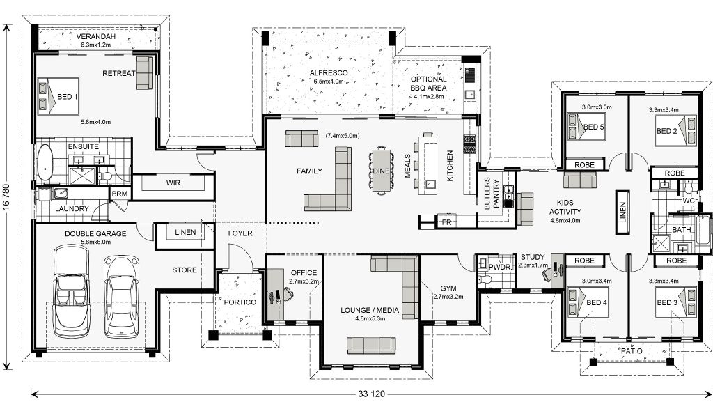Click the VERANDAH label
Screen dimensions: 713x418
tap(95, 36)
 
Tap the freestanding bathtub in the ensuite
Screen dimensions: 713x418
tap(45, 162)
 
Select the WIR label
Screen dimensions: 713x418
tap(173, 183)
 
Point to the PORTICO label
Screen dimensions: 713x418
tap(240, 302)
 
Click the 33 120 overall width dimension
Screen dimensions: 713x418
tap(372, 394)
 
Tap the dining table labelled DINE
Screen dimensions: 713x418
tap(381, 171)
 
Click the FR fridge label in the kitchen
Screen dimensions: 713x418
tap(446, 222)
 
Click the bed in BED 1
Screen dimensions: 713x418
tap(58, 96)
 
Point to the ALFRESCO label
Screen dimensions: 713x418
tap(329, 72)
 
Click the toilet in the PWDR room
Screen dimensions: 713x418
tap(485, 279)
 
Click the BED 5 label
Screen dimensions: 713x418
tap(593, 127)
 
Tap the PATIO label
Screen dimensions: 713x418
tap(632, 351)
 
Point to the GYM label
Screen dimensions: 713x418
tap(448, 288)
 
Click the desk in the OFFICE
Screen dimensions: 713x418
tap(274, 294)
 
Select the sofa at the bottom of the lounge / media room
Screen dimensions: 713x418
tap(371, 346)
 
